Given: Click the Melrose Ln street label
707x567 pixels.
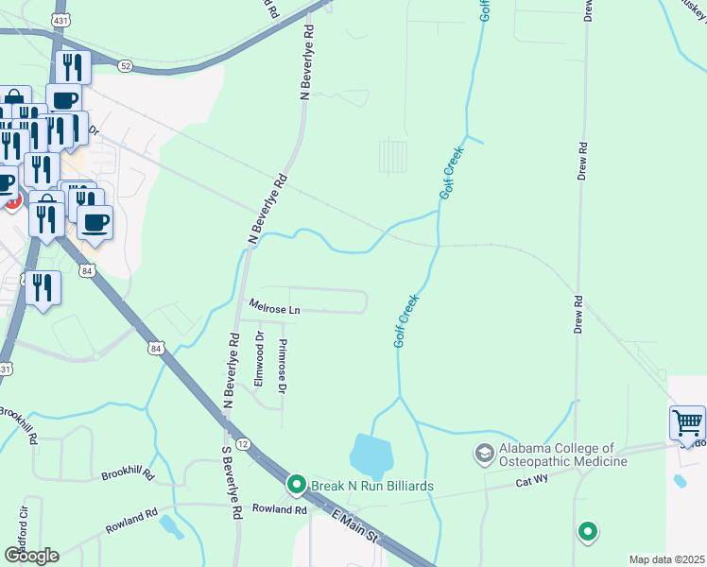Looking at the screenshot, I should coord(274,307).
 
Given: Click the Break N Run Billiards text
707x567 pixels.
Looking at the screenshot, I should coord(373,486).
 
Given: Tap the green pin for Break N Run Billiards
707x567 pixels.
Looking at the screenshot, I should coord(296,486).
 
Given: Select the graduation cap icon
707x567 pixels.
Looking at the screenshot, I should coord(485,455).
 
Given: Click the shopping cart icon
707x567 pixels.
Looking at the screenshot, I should coord(687,421).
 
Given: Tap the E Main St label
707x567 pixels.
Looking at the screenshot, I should coord(355,526).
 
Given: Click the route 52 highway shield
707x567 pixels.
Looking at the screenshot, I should coord(126,67).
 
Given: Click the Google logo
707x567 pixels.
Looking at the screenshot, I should coord(31,555).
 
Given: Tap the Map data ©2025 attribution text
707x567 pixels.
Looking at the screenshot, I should coord(666,559).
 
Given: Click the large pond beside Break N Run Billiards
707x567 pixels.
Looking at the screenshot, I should coord(371,456).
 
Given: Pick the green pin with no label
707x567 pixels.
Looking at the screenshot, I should coord(588,532).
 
